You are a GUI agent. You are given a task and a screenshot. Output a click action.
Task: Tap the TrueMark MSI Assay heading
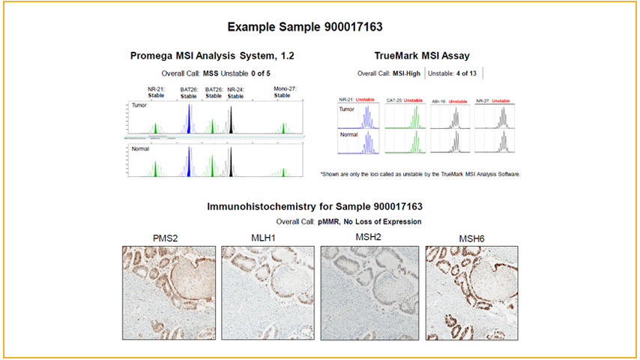click(x=422, y=55)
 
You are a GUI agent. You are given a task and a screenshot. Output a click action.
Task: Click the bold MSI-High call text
click(x=405, y=73)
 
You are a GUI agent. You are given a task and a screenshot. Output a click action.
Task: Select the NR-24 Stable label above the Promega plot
click(x=236, y=92)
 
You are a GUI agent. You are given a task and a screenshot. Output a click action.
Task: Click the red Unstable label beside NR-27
click(x=501, y=100)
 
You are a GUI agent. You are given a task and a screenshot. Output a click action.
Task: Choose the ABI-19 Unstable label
click(x=451, y=100)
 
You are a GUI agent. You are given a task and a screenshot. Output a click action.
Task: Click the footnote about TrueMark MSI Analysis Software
click(x=420, y=174)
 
